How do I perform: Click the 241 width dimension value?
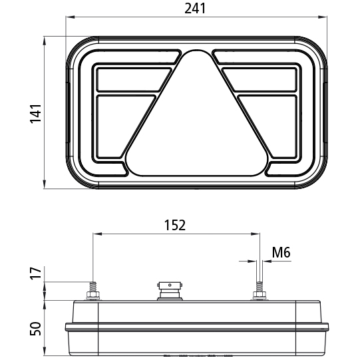(x=195, y=9)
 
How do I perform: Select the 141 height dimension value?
(x=35, y=114)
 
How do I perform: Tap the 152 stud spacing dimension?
(x=175, y=225)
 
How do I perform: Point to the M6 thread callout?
(x=281, y=252)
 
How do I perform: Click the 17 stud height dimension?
(x=35, y=273)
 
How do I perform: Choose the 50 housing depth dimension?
(x=35, y=329)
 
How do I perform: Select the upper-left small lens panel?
(x=134, y=80)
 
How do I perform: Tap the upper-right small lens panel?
(x=260, y=80)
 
